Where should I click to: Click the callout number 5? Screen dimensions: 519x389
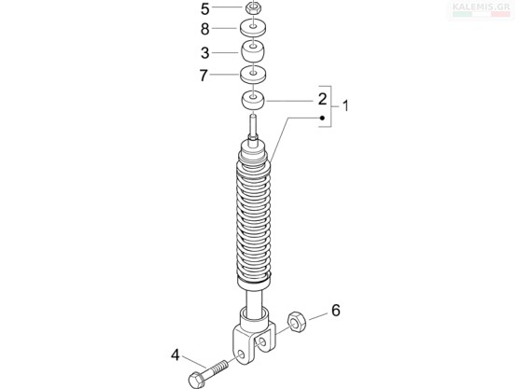pyautogui.click(x=205, y=9)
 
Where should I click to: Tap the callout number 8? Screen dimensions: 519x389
pyautogui.click(x=205, y=29)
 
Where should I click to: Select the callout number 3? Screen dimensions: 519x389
pyautogui.click(x=205, y=53)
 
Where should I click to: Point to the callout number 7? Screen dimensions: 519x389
pyautogui.click(x=203, y=76)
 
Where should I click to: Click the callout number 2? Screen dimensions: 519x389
pyautogui.click(x=322, y=99)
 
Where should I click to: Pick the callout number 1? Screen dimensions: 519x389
pyautogui.click(x=345, y=106)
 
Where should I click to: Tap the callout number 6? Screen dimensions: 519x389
pyautogui.click(x=336, y=311)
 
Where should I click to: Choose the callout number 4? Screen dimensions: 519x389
pyautogui.click(x=175, y=355)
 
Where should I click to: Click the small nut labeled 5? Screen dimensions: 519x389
pyautogui.click(x=253, y=7)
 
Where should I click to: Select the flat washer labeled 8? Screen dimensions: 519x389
pyautogui.click(x=253, y=28)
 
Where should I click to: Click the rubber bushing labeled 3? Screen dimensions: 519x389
pyautogui.click(x=253, y=50)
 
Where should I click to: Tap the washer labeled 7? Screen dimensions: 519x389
pyautogui.click(x=253, y=74)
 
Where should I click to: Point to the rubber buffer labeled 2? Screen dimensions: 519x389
pyautogui.click(x=253, y=100)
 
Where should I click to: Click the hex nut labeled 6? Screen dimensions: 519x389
pyautogui.click(x=296, y=322)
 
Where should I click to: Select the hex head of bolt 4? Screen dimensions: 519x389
pyautogui.click(x=197, y=380)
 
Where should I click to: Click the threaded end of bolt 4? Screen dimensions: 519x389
pyautogui.click(x=217, y=367)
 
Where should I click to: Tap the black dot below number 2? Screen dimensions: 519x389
pyautogui.click(x=322, y=118)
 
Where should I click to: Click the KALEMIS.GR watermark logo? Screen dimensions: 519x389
pyautogui.click(x=481, y=9)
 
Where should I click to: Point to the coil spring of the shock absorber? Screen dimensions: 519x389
pyautogui.click(x=254, y=222)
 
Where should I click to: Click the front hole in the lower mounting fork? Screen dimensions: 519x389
pyautogui.click(x=241, y=354)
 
